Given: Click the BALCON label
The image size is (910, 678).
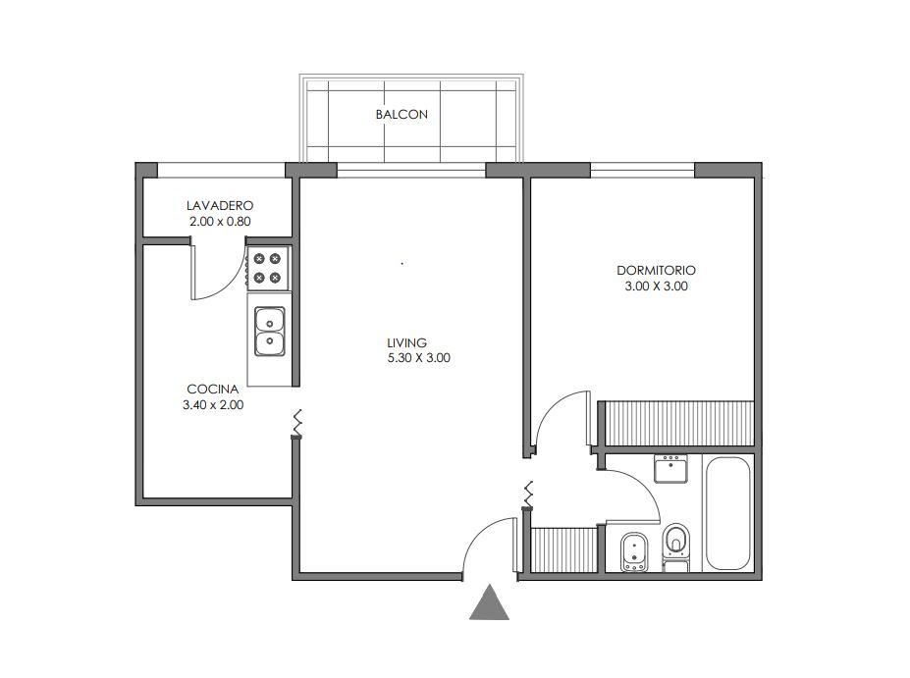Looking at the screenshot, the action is pos(401,114).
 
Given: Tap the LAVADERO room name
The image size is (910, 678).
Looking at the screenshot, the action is pos(220,205).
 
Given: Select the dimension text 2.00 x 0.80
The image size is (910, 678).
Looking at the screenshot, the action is pos(220,221).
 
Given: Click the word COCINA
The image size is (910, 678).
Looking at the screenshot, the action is pos(213,390).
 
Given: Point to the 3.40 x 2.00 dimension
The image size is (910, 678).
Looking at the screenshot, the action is pos(213,405).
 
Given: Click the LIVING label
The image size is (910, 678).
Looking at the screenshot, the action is pos(406,342).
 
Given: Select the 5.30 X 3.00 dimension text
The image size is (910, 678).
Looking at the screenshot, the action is pos(418,358).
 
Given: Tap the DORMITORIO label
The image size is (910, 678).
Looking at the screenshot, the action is pos(657,270).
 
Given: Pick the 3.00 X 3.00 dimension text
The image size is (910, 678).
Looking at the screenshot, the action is pos(657,286).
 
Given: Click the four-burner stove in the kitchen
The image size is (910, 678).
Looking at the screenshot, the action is pos(268,268).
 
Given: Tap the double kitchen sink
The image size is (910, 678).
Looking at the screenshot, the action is pos(270,332).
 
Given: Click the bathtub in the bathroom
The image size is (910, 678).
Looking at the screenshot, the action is pos(727,514).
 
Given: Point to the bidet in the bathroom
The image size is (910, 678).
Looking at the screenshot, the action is pos(633,551).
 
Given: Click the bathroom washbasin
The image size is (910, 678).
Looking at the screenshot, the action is pos(670,469).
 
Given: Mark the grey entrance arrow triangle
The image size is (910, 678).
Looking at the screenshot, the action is pos(489,602).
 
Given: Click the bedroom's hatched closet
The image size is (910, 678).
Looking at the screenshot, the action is pos(679,424).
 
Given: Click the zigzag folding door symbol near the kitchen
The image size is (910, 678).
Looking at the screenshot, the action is pos(297,422).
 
